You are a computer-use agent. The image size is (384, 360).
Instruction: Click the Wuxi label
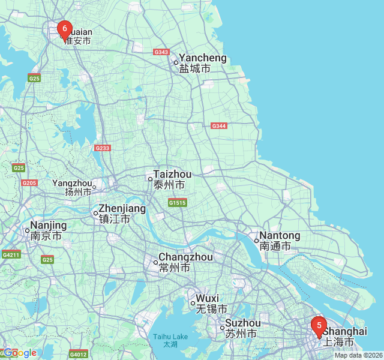point(208,304)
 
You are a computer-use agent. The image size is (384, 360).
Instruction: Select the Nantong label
point(279,241)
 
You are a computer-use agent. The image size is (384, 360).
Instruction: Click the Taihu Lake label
point(170,340)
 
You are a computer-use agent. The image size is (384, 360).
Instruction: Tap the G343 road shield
point(161,52)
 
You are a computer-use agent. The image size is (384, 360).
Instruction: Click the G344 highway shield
point(219,125)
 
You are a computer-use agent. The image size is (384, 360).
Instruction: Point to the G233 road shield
point(103,148)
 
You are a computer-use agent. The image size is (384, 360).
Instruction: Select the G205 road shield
point(29,183)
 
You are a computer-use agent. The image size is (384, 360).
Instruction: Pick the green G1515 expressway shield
point(177,203)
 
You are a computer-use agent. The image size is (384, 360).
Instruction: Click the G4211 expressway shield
point(11,254)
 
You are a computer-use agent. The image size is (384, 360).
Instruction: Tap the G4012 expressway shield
point(79,355)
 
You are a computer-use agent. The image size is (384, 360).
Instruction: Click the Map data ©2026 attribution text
point(358,355)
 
